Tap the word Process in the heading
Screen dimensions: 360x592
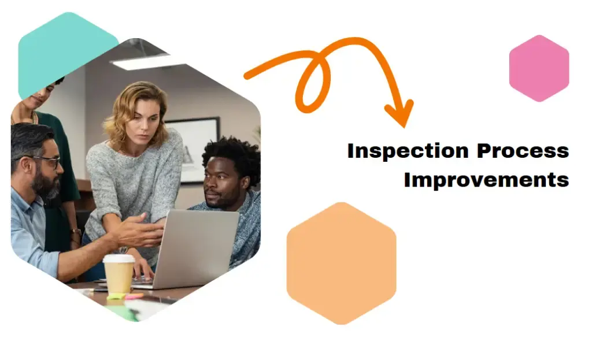pyautogui.click(x=523, y=151)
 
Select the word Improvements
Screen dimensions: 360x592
pyautogui.click(x=486, y=179)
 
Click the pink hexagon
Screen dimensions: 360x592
pyautogui.click(x=539, y=68)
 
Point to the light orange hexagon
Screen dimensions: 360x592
pyautogui.click(x=341, y=263)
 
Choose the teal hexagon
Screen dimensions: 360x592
pyautogui.click(x=66, y=49)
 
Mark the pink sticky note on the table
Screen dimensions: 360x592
pyautogui.click(x=134, y=296)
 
